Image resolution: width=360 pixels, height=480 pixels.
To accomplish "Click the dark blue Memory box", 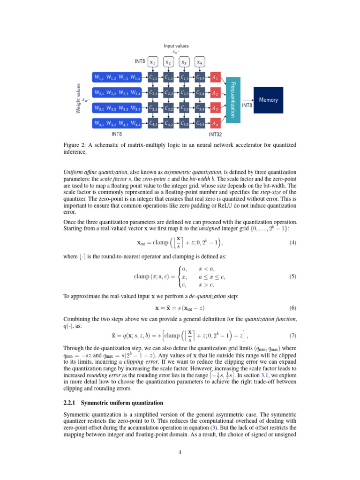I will pyautogui.click(x=268, y=100).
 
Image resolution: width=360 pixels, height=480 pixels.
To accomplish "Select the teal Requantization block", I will pyautogui.click(x=232, y=100).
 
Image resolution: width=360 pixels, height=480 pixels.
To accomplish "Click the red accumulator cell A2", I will pyautogui.click(x=215, y=93).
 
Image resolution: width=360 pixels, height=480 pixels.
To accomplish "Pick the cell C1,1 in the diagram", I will pyautogui.click(x=154, y=78).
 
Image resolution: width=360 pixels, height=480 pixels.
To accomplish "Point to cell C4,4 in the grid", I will pyautogui.click(x=200, y=124).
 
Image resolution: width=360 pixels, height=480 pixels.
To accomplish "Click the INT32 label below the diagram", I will pyautogui.click(x=215, y=134).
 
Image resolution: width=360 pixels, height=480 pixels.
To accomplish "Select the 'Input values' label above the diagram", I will pyautogui.click(x=176, y=45).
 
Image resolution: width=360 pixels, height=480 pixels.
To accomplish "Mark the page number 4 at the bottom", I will pyautogui.click(x=180, y=452).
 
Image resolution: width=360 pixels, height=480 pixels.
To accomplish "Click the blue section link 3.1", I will pyautogui.click(x=265, y=375).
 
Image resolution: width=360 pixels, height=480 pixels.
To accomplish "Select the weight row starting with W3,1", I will pyautogui.click(x=117, y=108).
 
